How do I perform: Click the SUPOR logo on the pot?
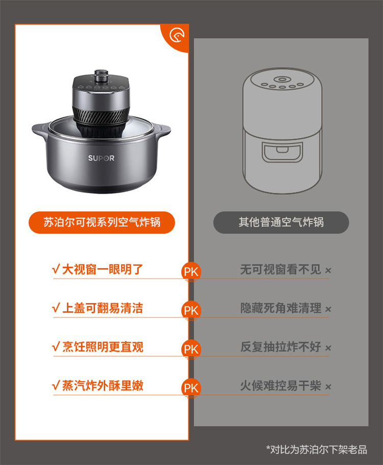click(101, 158)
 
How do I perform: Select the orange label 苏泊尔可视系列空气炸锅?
click(102, 222)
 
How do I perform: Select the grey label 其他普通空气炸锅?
click(281, 222)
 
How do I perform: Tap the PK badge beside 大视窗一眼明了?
click(191, 272)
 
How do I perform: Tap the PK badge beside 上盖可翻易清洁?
click(191, 311)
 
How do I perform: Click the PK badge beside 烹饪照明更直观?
click(191, 349)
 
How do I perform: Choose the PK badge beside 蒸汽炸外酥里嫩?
click(191, 388)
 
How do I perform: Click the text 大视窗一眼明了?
click(103, 270)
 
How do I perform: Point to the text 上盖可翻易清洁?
click(103, 308)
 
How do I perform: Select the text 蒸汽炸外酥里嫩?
click(103, 385)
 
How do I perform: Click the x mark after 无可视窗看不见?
click(328, 270)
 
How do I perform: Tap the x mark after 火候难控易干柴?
click(328, 387)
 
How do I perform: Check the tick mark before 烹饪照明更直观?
click(56, 346)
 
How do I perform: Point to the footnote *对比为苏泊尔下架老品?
click(317, 450)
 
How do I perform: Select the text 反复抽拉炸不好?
click(281, 346)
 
